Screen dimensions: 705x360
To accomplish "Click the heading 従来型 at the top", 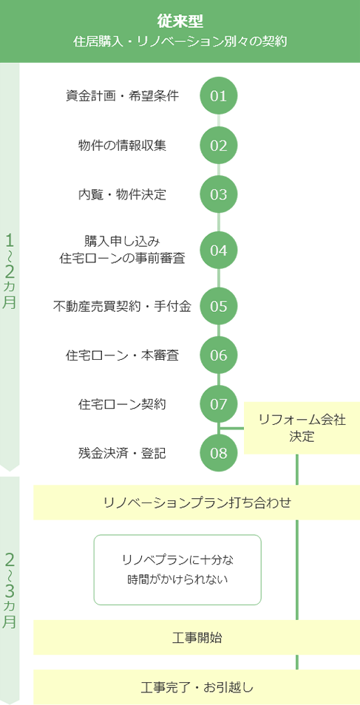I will point(180,20).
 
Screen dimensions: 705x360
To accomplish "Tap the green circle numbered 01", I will point(218,96).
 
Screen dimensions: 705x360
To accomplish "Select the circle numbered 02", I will point(218,146).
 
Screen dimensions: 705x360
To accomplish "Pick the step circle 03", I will point(218,195).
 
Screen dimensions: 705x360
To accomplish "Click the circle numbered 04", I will point(218,250).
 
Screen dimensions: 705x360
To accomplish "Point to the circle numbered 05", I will point(218,306).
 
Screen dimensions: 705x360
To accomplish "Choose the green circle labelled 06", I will point(218,355).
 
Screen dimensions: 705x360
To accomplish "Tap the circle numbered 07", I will point(218,404).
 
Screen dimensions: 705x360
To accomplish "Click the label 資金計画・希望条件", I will point(122,96).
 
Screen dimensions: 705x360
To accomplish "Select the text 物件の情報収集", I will point(122,146).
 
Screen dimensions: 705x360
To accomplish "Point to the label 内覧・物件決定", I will point(122,195).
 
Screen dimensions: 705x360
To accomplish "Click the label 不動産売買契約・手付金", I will point(122,306).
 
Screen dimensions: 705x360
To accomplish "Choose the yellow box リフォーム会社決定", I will point(302,428).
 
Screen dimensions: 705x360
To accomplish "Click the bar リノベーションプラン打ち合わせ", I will point(197,503).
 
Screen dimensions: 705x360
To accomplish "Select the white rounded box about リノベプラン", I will point(177,570).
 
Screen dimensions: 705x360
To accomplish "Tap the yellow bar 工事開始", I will point(197,638).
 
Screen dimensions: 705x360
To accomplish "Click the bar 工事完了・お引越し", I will point(197,687).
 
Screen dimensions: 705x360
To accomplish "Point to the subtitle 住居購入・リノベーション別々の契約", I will point(180,42).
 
